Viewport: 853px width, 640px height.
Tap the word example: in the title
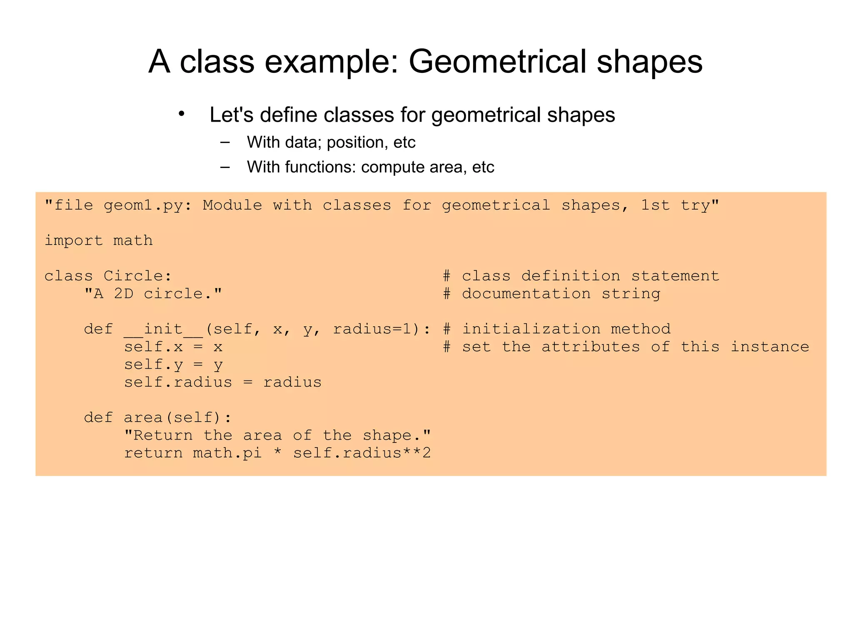tap(332, 62)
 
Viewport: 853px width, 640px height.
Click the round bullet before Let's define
tap(181, 114)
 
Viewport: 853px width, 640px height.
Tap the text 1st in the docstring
tap(655, 205)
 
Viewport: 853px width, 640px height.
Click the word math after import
tap(133, 241)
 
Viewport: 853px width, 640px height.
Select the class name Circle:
tap(137, 276)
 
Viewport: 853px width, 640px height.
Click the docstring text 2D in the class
tap(124, 294)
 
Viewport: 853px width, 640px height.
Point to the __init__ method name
tap(163, 329)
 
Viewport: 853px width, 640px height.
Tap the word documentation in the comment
tap(526, 294)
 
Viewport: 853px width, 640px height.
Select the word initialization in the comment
tap(531, 329)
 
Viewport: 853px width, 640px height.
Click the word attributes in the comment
tap(591, 347)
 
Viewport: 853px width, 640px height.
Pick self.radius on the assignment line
tap(178, 382)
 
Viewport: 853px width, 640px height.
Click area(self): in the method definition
tap(178, 417)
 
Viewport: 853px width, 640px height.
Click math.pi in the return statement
tap(227, 453)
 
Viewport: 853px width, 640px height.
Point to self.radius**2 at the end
tap(362, 453)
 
